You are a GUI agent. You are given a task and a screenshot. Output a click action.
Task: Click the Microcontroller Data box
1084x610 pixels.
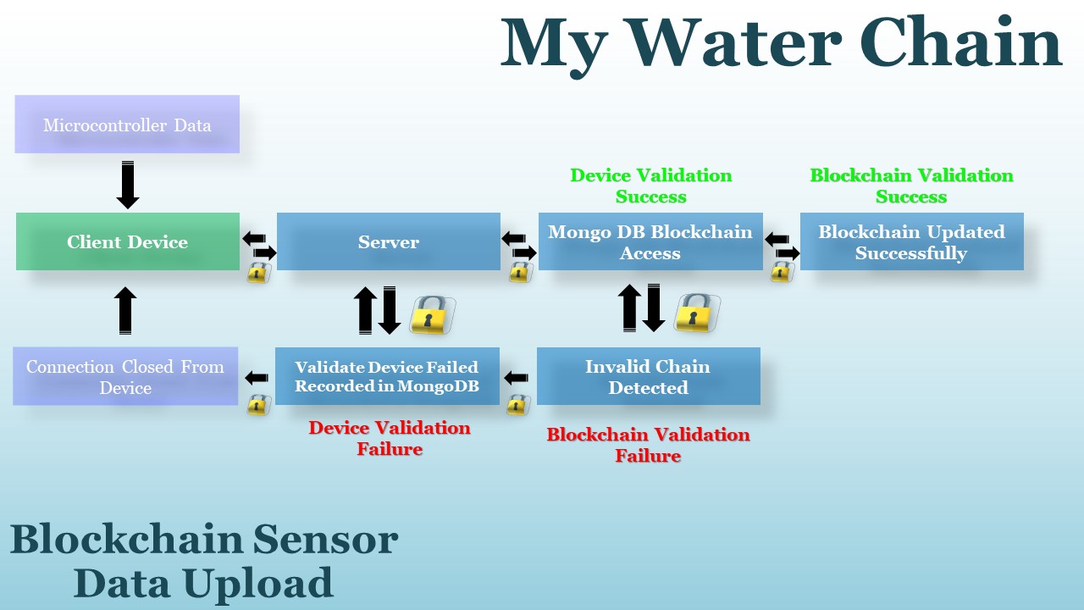pyautogui.click(x=127, y=125)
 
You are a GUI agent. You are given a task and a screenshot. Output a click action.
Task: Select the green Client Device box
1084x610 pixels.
pyautogui.click(x=128, y=242)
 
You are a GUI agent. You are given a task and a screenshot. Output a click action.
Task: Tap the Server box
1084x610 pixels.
pyautogui.click(x=389, y=242)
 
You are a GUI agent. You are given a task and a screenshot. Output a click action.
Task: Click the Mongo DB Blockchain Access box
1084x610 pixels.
pyautogui.click(x=650, y=242)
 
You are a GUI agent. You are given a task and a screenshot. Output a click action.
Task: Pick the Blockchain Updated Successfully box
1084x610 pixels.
pyautogui.click(x=911, y=242)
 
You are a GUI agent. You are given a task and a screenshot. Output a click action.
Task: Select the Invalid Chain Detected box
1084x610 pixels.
pyautogui.click(x=648, y=377)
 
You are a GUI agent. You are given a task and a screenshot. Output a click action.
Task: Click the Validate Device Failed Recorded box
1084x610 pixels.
pyautogui.click(x=387, y=377)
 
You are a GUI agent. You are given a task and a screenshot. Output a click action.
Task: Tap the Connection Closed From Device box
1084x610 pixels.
pyautogui.click(x=125, y=377)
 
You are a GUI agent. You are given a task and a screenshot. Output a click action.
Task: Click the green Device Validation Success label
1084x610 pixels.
pyautogui.click(x=650, y=186)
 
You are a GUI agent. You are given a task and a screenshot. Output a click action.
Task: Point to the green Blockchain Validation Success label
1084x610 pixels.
pyautogui.click(x=911, y=186)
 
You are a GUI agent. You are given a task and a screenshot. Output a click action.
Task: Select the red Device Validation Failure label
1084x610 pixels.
pyautogui.click(x=390, y=438)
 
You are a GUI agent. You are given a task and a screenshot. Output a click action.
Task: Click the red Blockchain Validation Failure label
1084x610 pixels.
pyautogui.click(x=648, y=445)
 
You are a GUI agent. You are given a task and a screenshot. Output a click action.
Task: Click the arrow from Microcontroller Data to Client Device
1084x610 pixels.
pyautogui.click(x=128, y=185)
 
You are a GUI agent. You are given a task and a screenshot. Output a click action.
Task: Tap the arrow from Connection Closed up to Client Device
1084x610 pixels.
pyautogui.click(x=125, y=309)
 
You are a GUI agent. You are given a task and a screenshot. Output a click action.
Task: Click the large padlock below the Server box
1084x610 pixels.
pyautogui.click(x=431, y=314)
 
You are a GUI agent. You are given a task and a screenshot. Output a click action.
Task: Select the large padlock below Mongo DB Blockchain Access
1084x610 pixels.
pyautogui.click(x=695, y=312)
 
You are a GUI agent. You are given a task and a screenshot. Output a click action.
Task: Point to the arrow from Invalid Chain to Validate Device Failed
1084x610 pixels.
pyautogui.click(x=516, y=377)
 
